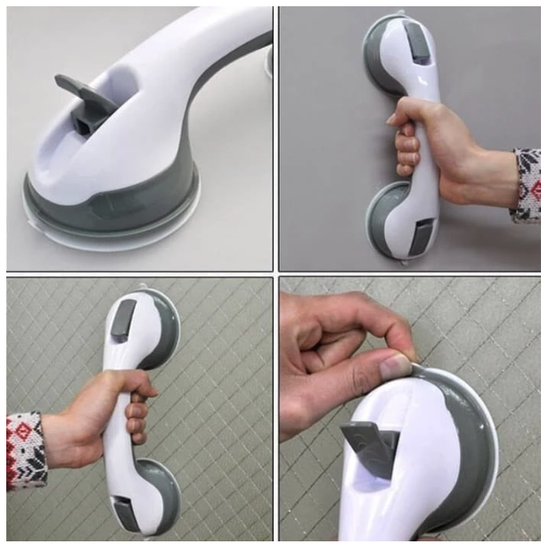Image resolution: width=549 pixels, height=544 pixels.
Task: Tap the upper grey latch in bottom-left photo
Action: click(x=123, y=322)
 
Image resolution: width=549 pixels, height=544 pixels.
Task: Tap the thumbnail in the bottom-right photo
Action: click(x=395, y=366)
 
